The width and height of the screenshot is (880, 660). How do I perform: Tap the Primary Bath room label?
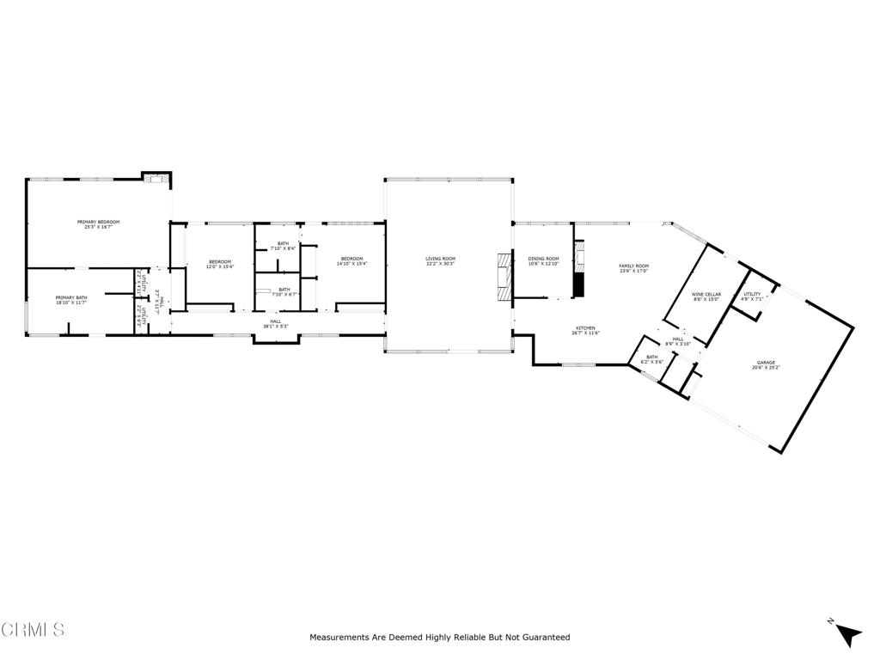[70, 300]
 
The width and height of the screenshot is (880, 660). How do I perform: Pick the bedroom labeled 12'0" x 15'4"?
[220, 264]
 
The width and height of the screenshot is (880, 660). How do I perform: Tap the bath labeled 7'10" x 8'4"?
[284, 246]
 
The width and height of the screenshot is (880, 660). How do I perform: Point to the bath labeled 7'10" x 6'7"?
[284, 291]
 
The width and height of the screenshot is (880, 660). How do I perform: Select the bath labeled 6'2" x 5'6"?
[651, 359]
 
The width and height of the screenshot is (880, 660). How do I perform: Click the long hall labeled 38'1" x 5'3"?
[275, 324]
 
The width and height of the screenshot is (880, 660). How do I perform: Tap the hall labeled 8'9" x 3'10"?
[678, 341]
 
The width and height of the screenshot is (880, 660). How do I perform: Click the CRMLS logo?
[33, 629]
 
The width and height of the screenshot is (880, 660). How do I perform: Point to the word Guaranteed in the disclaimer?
[540, 638]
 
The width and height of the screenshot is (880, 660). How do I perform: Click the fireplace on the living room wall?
[503, 276]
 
